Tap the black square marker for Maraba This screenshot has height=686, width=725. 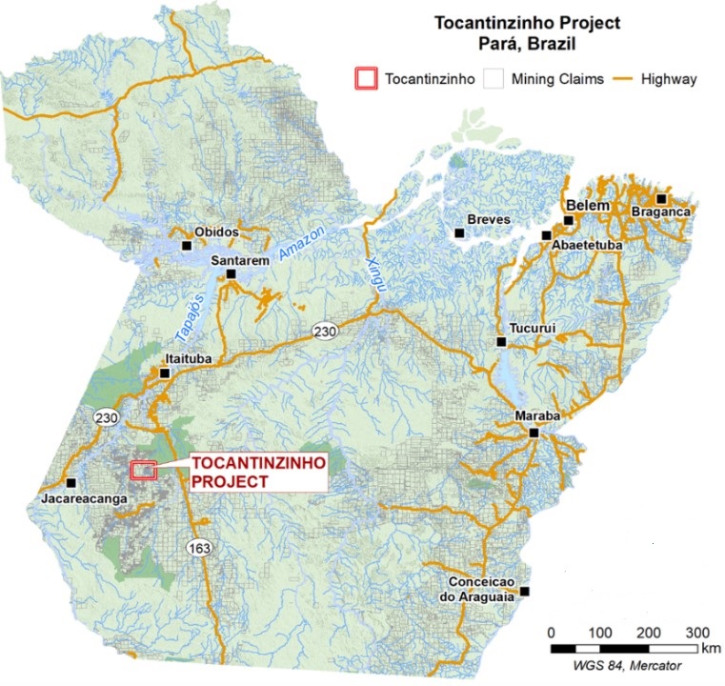pos(534,433)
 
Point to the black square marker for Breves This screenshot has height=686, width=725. pos(459,232)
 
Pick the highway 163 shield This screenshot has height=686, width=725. pos(200,548)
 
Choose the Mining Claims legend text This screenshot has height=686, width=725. pos(557,79)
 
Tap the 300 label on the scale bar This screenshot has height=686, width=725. pos(698,634)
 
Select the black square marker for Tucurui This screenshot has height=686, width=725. pos(500,342)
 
